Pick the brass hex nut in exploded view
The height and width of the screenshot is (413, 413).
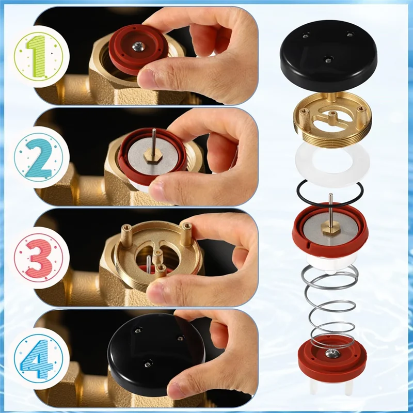[330, 227]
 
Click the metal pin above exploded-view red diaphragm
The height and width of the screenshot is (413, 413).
[330, 204]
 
